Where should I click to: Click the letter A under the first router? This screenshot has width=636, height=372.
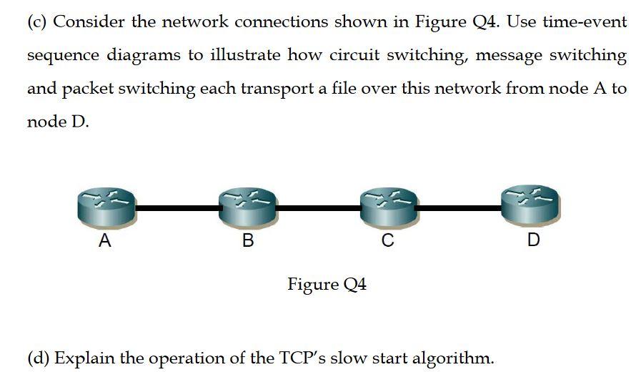[104, 241]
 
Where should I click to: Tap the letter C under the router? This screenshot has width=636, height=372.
[387, 241]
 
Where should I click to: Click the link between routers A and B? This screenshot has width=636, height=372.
[177, 208]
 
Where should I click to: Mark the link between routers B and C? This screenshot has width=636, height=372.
[317, 208]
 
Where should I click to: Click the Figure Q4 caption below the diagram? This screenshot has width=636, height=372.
[327, 285]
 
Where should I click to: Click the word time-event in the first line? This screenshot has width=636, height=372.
[585, 21]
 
